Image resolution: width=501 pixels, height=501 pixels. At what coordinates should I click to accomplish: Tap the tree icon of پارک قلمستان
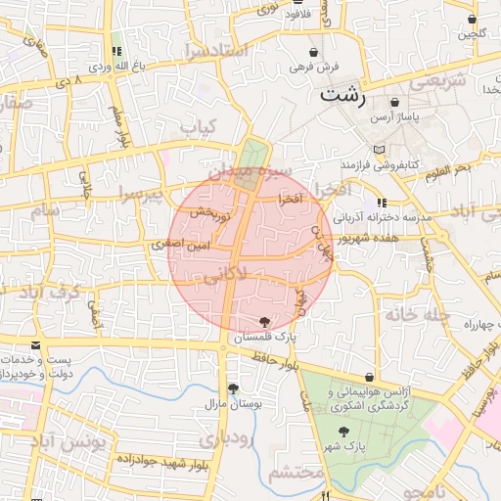(x=265, y=321)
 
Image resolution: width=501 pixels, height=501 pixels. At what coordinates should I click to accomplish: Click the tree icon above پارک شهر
(x=343, y=431)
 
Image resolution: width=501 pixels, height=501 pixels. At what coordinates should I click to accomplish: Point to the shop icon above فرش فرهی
(x=313, y=52)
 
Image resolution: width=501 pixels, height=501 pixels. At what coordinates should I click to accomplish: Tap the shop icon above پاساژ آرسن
(x=394, y=102)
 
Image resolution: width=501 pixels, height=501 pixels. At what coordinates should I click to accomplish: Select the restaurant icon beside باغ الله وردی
(x=116, y=52)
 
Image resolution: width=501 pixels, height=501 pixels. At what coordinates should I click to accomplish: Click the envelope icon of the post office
(x=36, y=345)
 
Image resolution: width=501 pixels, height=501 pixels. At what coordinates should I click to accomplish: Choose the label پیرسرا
(x=142, y=193)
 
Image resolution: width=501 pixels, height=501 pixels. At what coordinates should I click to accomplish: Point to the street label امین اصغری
(x=174, y=245)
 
